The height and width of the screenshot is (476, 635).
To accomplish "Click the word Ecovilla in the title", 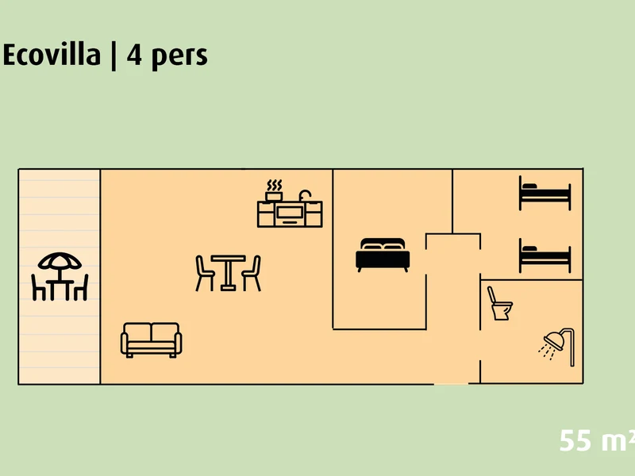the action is [x=52, y=55].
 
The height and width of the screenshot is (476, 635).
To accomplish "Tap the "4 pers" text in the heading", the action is [x=167, y=56].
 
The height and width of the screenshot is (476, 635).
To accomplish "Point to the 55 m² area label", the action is [x=597, y=440].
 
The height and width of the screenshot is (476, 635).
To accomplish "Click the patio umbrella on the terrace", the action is [x=60, y=262].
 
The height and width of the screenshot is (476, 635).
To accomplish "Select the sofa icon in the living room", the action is [x=151, y=340].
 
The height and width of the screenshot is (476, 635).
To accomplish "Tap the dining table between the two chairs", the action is [x=228, y=272].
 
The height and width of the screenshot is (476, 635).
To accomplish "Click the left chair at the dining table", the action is [x=205, y=273].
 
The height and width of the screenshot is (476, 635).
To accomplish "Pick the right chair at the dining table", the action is [x=252, y=273].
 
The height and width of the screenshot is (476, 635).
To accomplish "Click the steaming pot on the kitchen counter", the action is [x=274, y=190].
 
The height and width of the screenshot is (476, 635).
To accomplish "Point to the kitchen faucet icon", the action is [x=305, y=195].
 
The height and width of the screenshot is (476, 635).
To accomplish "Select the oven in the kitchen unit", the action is [x=290, y=213].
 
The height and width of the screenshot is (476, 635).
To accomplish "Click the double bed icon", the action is [x=383, y=255].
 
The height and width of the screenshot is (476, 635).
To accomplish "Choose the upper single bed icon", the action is [x=545, y=193].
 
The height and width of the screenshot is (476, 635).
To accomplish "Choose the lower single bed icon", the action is [x=545, y=255].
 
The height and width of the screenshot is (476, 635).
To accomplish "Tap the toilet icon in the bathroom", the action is [x=500, y=304].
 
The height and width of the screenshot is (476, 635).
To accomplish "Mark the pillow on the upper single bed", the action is [x=529, y=186].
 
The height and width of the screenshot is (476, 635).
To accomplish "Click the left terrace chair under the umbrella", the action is [x=38, y=287].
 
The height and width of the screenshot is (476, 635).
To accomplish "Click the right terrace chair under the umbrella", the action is [x=81, y=287].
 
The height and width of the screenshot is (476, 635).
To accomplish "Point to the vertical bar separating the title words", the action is [x=114, y=56].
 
